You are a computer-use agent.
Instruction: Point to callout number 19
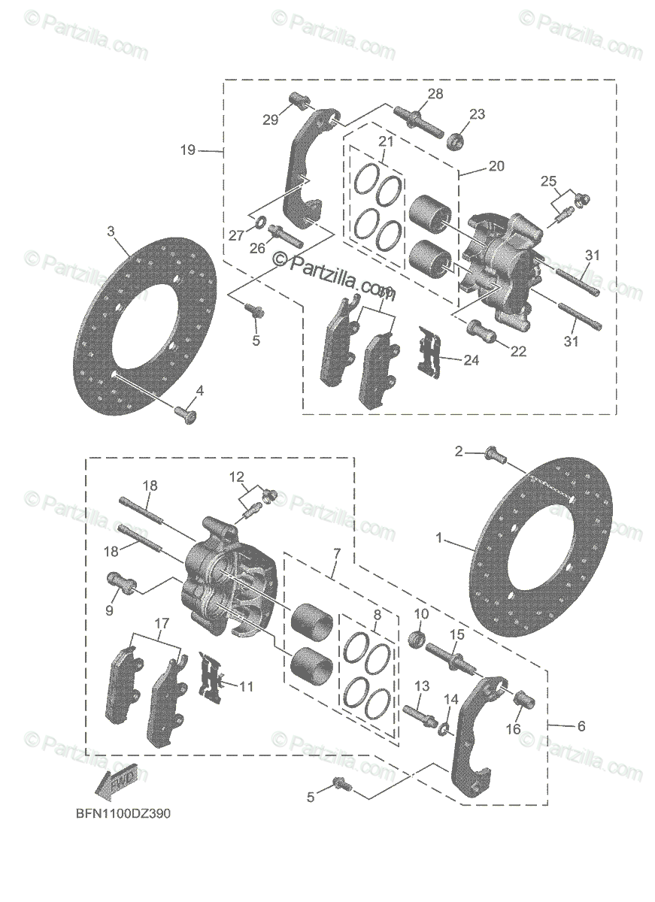tap(188, 150)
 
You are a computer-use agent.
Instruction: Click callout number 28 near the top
tap(435, 94)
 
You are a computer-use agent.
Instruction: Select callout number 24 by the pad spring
tap(471, 360)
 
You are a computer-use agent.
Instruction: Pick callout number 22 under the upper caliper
tap(517, 352)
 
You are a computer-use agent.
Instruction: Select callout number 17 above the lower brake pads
tap(162, 623)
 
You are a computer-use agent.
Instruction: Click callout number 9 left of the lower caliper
tap(109, 610)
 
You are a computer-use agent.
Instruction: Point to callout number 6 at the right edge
tap(581, 726)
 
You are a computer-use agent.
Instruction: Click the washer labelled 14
tap(444, 728)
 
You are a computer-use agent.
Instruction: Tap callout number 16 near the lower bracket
tap(513, 728)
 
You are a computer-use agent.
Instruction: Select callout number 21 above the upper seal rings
tap(386, 142)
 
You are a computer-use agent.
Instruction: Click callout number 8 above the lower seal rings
tap(378, 614)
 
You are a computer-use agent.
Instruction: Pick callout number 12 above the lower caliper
tap(237, 476)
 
